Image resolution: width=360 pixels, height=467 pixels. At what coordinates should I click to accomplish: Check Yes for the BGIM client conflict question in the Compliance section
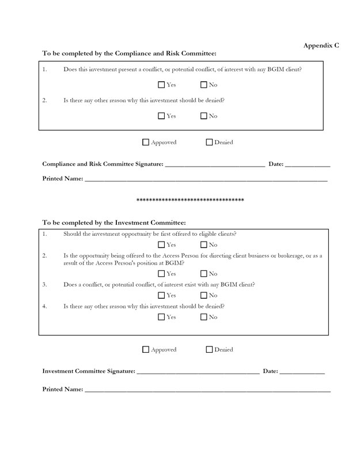(161, 85)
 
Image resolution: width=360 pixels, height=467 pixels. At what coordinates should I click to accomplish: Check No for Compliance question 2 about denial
(204, 116)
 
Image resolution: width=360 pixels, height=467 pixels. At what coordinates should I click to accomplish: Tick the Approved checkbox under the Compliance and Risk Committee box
(146, 142)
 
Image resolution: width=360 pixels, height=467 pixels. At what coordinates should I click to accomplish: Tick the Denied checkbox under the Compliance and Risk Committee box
(209, 142)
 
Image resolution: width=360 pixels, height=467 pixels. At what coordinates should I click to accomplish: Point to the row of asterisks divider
(190, 201)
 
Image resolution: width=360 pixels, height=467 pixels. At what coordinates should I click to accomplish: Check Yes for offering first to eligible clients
(161, 245)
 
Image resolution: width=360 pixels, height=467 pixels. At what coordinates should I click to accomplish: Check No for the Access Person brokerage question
(204, 273)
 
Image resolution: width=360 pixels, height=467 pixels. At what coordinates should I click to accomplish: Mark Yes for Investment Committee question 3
(161, 295)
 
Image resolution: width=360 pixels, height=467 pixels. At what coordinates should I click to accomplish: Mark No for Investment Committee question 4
(204, 317)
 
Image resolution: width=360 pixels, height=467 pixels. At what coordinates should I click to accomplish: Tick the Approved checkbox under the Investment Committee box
(146, 349)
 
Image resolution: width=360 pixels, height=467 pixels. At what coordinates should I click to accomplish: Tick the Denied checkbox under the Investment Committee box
(209, 349)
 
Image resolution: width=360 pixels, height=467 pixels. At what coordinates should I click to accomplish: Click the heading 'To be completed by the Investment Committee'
(114, 222)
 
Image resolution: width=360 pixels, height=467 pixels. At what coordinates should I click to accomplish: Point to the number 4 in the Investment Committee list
(45, 306)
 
